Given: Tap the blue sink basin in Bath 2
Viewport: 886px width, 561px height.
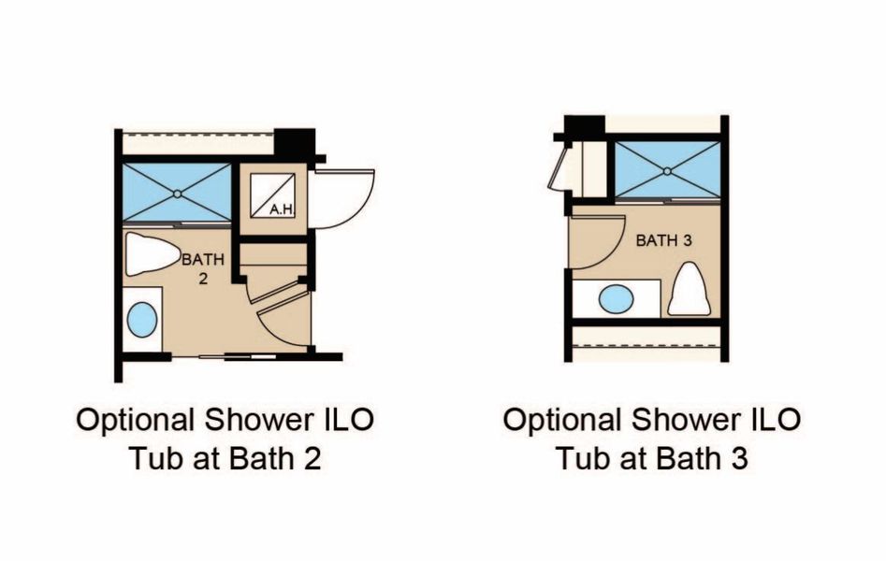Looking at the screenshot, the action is [x=142, y=320].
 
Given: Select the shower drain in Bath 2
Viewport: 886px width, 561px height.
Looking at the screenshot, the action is [x=177, y=194].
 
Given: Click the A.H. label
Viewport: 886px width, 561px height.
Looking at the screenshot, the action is [x=282, y=210].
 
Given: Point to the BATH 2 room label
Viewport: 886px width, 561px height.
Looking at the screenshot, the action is [x=203, y=268].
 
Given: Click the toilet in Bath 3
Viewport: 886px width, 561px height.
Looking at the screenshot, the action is [x=690, y=288].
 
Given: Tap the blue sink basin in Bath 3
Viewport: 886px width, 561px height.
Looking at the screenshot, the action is [x=616, y=298].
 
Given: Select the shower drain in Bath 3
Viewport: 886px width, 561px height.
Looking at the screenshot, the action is [x=667, y=170].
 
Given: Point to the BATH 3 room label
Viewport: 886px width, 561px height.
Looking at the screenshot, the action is [x=664, y=240].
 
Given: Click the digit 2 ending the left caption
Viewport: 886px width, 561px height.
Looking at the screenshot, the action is [x=312, y=458].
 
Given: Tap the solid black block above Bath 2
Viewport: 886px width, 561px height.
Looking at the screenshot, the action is [x=295, y=143].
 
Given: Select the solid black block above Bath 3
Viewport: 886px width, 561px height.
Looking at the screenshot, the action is [x=584, y=126].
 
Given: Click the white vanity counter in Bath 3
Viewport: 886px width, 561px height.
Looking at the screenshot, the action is [x=616, y=298].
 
